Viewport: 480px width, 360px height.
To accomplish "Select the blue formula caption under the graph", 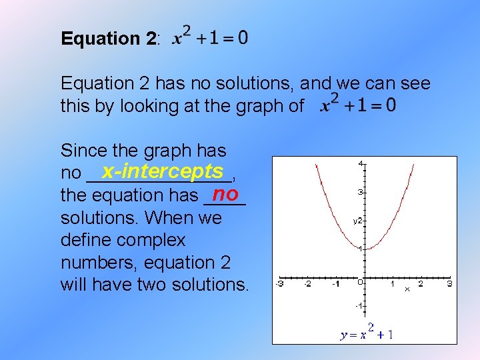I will tap(366, 333).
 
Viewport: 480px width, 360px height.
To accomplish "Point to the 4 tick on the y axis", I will tap(361, 163).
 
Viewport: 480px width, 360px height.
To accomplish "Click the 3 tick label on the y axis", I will tap(361, 192).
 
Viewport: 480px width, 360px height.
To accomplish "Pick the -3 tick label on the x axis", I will tap(280, 284).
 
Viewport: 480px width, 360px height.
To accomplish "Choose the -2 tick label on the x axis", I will tap(307, 284).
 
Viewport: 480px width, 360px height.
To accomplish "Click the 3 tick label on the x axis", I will tap(449, 284).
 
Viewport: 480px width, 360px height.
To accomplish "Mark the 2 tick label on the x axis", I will tap(421, 284).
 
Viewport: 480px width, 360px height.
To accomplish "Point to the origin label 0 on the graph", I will tap(359, 283).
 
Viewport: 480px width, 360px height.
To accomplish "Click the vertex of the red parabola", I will tap(365, 249).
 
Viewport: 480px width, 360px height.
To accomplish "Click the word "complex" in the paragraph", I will tap(153, 240).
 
